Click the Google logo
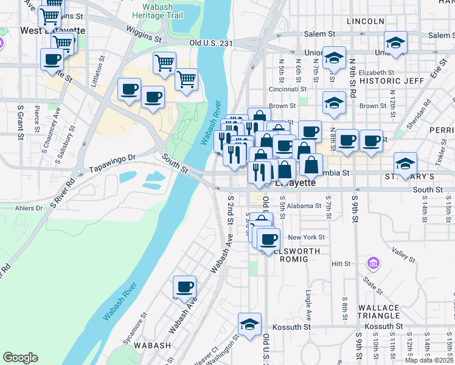coord(21,358)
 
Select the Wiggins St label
coord(144,34)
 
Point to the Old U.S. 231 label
coord(211,43)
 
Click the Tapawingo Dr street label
coord(112,162)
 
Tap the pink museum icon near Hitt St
coord(373,263)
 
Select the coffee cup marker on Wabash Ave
coord(184,287)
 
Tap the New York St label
coord(307,237)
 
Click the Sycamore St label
coord(135,329)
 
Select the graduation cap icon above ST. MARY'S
coord(406,163)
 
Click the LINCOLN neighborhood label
coord(365,21)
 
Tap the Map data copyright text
coord(429,360)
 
